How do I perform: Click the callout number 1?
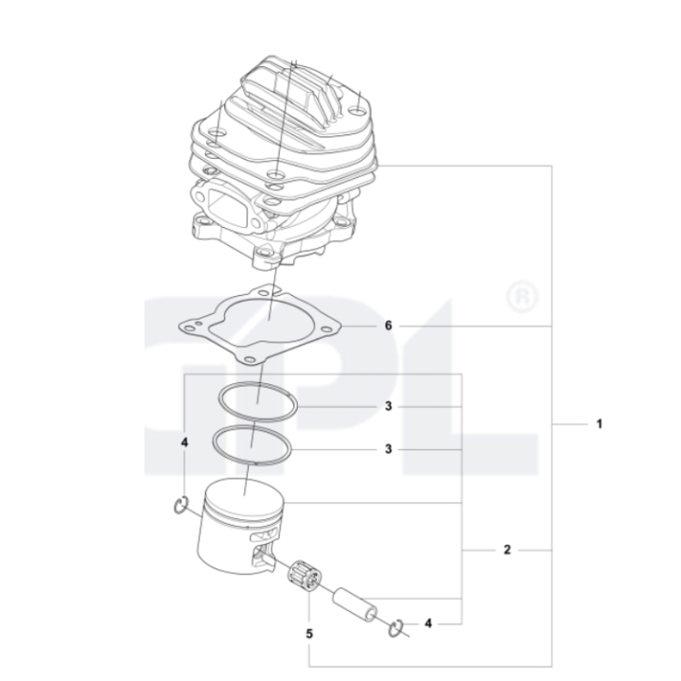click(x=599, y=425)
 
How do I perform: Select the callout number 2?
click(x=508, y=550)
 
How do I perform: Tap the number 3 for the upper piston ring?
click(x=389, y=407)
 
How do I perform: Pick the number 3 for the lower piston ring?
click(x=389, y=449)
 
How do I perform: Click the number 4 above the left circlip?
click(x=184, y=443)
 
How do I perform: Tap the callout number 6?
click(x=389, y=325)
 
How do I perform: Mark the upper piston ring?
click(x=258, y=401)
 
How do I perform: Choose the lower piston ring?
click(x=251, y=444)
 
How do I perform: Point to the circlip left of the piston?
click(x=182, y=509)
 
